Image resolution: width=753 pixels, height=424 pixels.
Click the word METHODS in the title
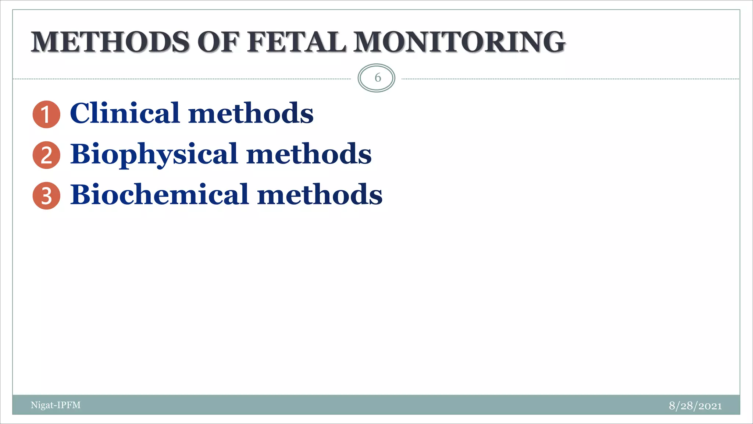pos(110,42)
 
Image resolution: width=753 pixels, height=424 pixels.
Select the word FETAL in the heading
pos(296,42)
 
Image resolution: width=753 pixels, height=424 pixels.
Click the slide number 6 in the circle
pos(377,78)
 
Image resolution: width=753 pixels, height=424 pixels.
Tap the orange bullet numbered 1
pos(46,114)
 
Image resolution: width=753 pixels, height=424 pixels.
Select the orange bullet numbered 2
pos(46,155)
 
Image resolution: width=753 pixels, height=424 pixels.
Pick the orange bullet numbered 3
pos(46,196)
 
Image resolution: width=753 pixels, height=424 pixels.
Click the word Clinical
pos(125,113)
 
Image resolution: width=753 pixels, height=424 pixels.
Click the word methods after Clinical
pos(251,113)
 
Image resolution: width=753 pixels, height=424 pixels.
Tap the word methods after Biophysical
pos(309,154)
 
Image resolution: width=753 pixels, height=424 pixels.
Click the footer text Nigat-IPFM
pos(56,405)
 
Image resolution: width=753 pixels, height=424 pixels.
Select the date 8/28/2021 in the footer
pos(695,406)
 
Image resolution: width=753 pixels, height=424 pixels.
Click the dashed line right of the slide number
pos(570,79)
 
